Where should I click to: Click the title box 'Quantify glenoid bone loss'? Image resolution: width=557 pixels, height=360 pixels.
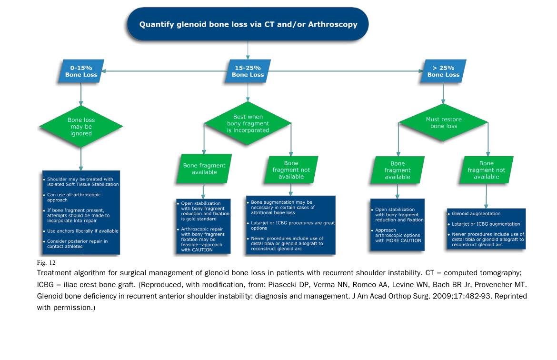[248, 24]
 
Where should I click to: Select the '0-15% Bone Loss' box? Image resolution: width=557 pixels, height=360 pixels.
[81, 71]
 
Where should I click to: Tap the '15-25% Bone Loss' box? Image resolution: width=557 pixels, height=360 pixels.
[248, 71]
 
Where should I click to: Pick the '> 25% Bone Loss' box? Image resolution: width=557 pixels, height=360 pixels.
[443, 71]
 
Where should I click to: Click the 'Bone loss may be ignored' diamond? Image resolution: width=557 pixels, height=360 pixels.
[81, 127]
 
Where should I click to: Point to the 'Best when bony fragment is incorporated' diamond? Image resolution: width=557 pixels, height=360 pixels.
[248, 123]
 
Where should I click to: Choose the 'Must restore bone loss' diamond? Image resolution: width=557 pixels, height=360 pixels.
[443, 123]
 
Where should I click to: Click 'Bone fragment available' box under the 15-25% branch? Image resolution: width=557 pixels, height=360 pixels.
[204, 169]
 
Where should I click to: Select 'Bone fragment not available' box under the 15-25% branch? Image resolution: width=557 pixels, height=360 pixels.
[291, 170]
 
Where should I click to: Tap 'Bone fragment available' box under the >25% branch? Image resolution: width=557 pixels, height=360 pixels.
[397, 170]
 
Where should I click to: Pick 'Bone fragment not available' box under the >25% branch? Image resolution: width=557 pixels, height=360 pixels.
[486, 170]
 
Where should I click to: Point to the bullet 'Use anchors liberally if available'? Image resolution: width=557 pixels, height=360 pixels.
[82, 231]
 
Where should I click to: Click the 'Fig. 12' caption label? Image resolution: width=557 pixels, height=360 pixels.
[46, 262]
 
